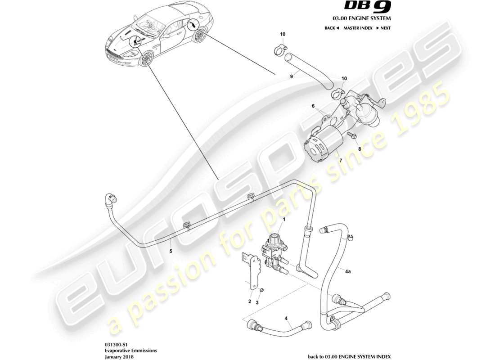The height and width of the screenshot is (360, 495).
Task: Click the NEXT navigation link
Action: click(x=383, y=28)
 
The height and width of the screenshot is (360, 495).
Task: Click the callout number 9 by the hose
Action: click(x=291, y=76)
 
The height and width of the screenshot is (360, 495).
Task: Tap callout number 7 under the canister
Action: click(x=340, y=161)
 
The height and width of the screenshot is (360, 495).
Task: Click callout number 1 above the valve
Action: click(x=283, y=219)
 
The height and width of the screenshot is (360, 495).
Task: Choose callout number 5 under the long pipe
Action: click(x=171, y=252)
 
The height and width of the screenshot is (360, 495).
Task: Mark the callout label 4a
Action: click(x=348, y=272)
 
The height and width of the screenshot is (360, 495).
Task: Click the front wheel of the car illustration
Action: click(x=146, y=60)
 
